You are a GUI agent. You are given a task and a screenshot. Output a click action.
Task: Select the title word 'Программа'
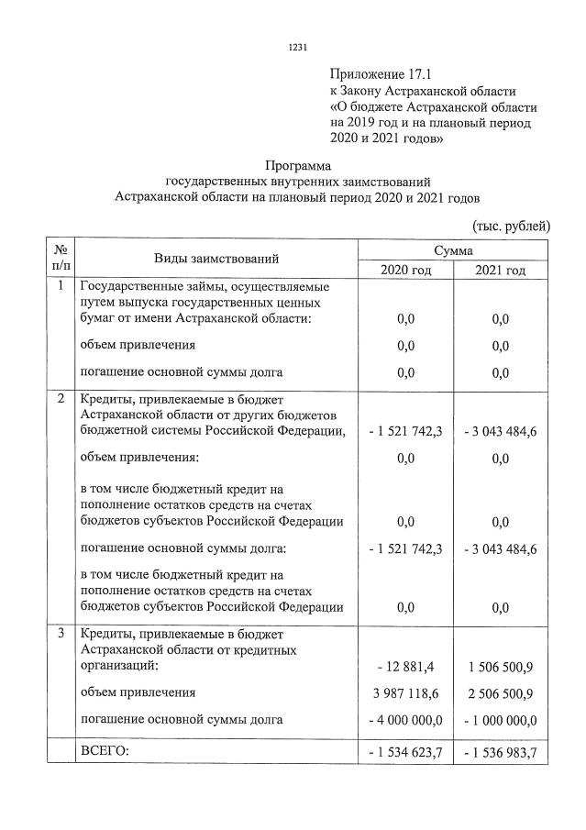(x=296, y=165)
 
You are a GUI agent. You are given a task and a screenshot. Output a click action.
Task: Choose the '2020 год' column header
(x=405, y=270)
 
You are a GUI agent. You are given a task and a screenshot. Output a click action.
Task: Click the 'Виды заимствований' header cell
(x=216, y=260)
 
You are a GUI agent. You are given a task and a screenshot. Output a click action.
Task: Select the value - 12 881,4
(x=405, y=665)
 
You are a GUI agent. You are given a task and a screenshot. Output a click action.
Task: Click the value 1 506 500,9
(x=501, y=665)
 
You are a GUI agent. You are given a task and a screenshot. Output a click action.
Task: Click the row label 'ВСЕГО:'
(x=106, y=751)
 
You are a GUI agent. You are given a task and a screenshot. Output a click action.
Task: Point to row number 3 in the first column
(x=61, y=634)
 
